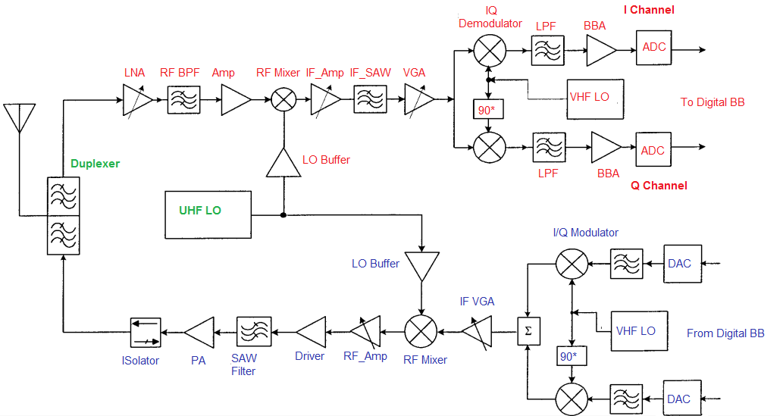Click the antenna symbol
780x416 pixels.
click(x=19, y=118)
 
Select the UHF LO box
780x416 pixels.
click(x=208, y=215)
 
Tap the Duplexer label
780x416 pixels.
click(x=95, y=163)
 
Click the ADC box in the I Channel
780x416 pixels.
click(x=653, y=48)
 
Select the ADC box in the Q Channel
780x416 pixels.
click(x=653, y=151)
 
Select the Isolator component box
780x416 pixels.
click(x=146, y=332)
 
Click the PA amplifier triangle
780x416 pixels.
click(x=199, y=332)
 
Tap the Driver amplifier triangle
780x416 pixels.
click(x=312, y=332)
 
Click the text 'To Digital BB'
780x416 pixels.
click(x=712, y=102)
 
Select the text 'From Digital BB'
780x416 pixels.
click(x=725, y=333)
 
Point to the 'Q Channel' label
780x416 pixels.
click(x=659, y=186)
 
